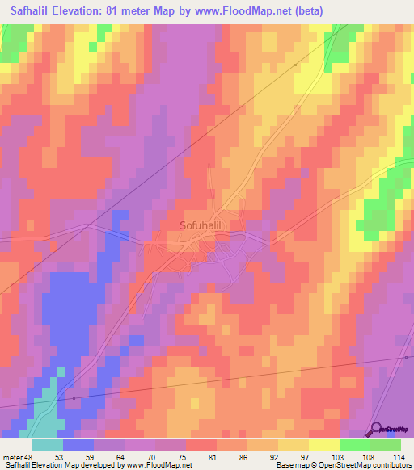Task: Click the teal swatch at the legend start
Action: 47,445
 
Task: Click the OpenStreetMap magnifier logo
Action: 377,430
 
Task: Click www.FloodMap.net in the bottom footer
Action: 157,466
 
